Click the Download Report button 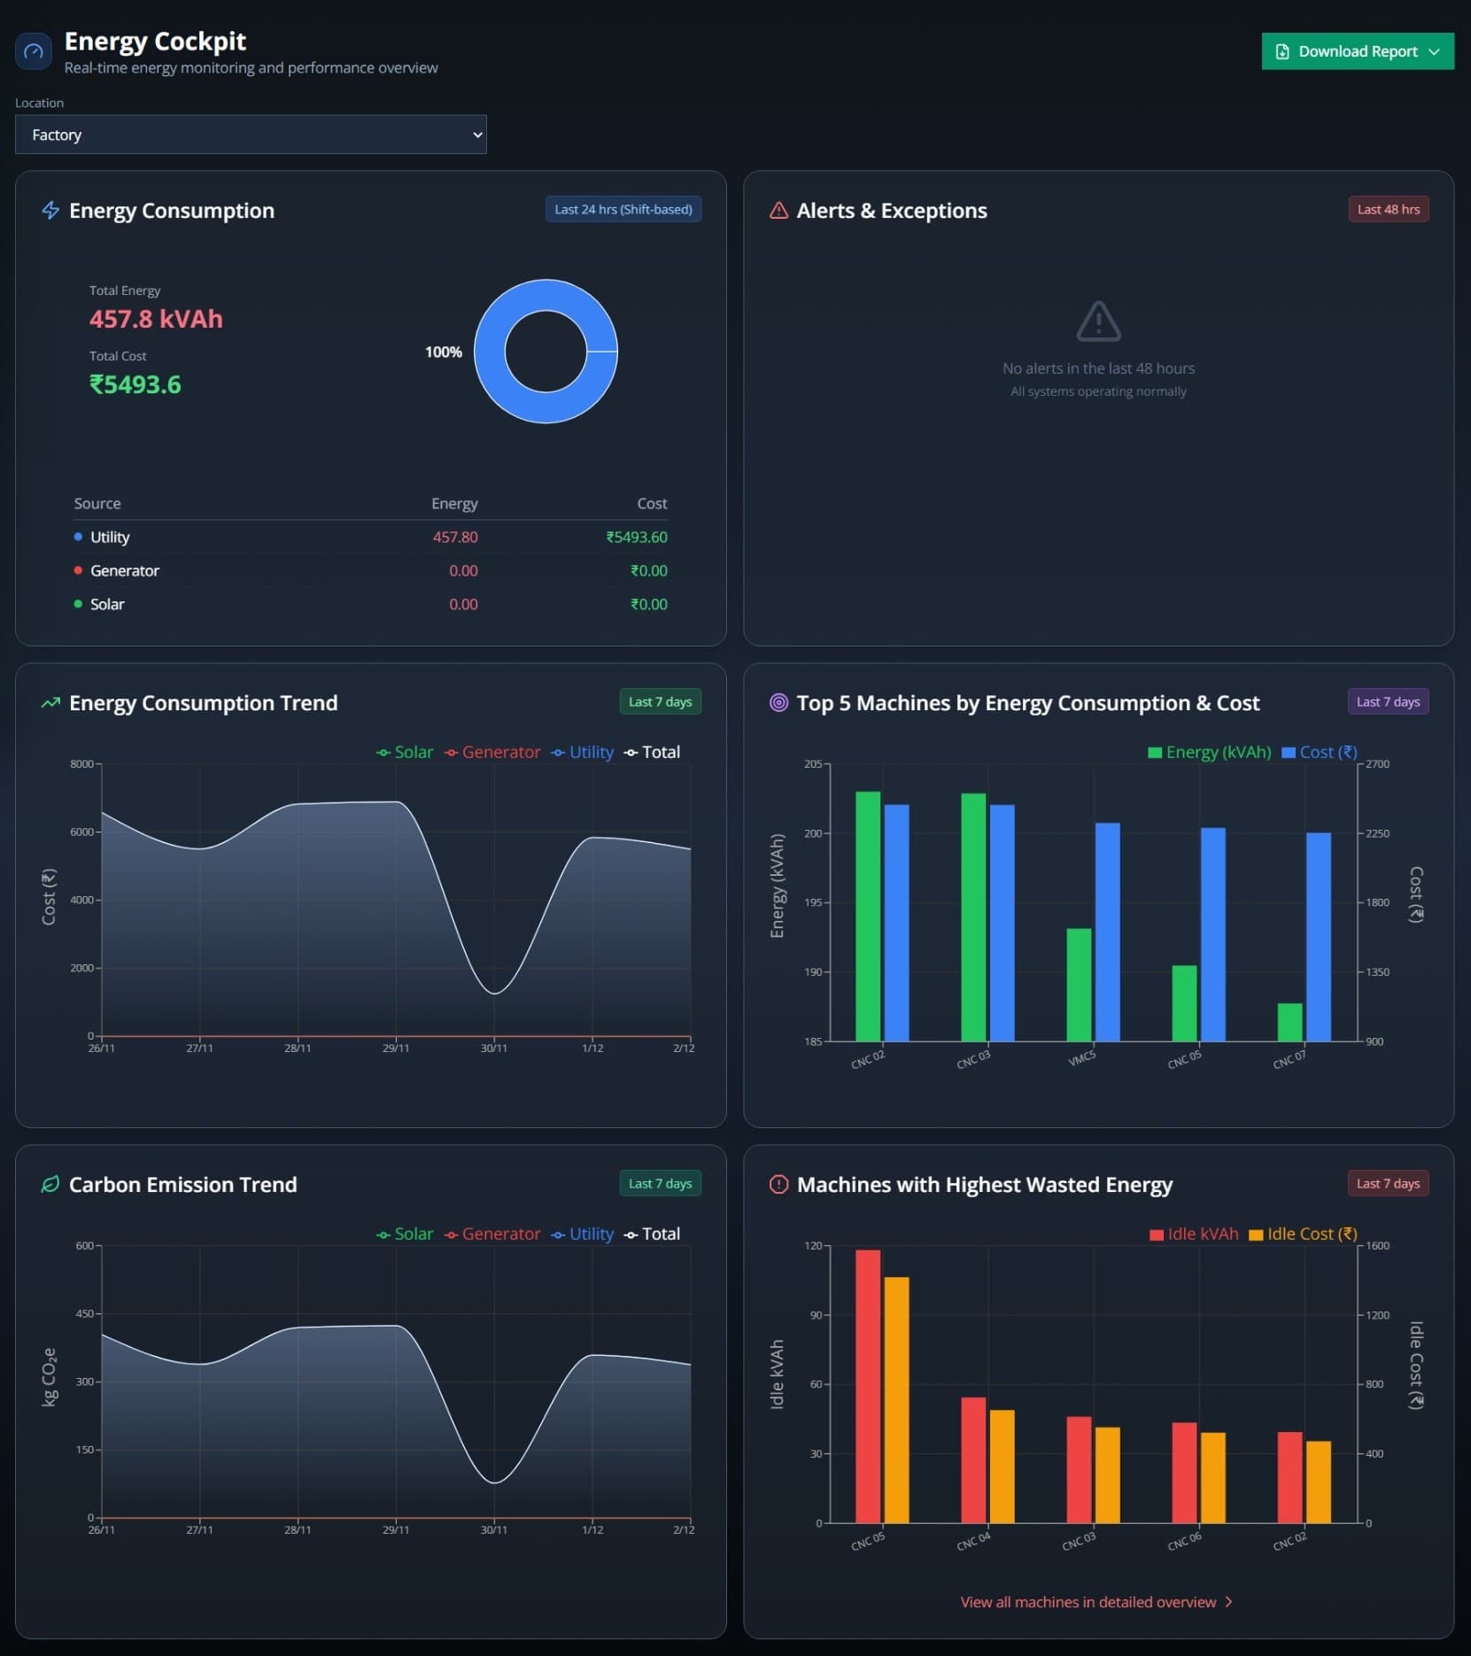(1357, 51)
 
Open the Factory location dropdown (251, 135)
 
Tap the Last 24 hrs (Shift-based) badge (623, 210)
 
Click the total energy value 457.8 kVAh (156, 319)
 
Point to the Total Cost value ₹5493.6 (135, 384)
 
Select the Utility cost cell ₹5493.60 (636, 538)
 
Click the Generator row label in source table (125, 571)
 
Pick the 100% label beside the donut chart (444, 352)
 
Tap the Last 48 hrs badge (1387, 210)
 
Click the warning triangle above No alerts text (1098, 321)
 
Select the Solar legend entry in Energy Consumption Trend (406, 752)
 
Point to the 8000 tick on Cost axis (81, 764)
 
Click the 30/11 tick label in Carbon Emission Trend (494, 1529)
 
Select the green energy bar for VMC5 (1079, 985)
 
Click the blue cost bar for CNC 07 (1318, 936)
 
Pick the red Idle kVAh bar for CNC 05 (868, 1386)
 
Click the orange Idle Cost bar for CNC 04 (1002, 1466)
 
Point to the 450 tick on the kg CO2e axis (85, 1313)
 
